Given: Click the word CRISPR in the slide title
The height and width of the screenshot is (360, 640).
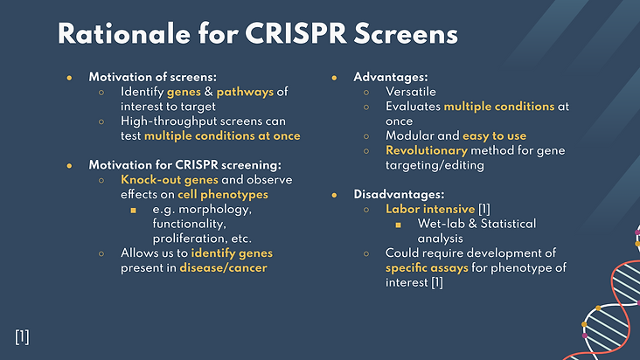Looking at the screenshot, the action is pos(296,33).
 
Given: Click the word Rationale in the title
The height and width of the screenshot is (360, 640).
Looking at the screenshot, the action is pos(124,33).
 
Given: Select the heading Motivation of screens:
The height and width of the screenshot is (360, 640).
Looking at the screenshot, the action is pos(153,77).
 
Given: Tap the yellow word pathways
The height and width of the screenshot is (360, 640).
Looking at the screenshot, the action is pos(245,93).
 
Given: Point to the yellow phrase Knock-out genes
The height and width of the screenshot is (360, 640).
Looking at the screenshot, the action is pos(170,180).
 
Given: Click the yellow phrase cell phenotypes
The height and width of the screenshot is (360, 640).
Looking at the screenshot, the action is pos(223,195).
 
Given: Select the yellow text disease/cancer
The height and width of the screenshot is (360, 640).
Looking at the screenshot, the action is pos(223,268).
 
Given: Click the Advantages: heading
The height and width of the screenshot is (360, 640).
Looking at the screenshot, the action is pos(391,78).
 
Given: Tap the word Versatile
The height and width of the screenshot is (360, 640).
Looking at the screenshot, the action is pos(411,92).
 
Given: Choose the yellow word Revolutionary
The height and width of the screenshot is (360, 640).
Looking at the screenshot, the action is pos(427,151).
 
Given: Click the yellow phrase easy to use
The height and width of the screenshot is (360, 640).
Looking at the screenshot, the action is pos(494,136).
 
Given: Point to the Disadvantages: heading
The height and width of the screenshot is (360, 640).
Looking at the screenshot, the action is pos(399,195).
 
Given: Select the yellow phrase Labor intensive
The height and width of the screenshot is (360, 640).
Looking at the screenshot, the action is pos(430,209).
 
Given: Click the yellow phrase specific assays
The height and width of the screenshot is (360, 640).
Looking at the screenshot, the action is pos(427,268).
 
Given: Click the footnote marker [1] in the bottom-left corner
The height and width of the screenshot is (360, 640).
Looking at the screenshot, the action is pos(22,337).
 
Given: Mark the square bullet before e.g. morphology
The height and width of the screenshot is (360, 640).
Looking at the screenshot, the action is pos(133,211).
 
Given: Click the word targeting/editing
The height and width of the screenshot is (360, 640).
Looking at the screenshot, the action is pos(435,165).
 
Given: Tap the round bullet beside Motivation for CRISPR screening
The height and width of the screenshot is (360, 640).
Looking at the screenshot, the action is pos(69,166).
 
